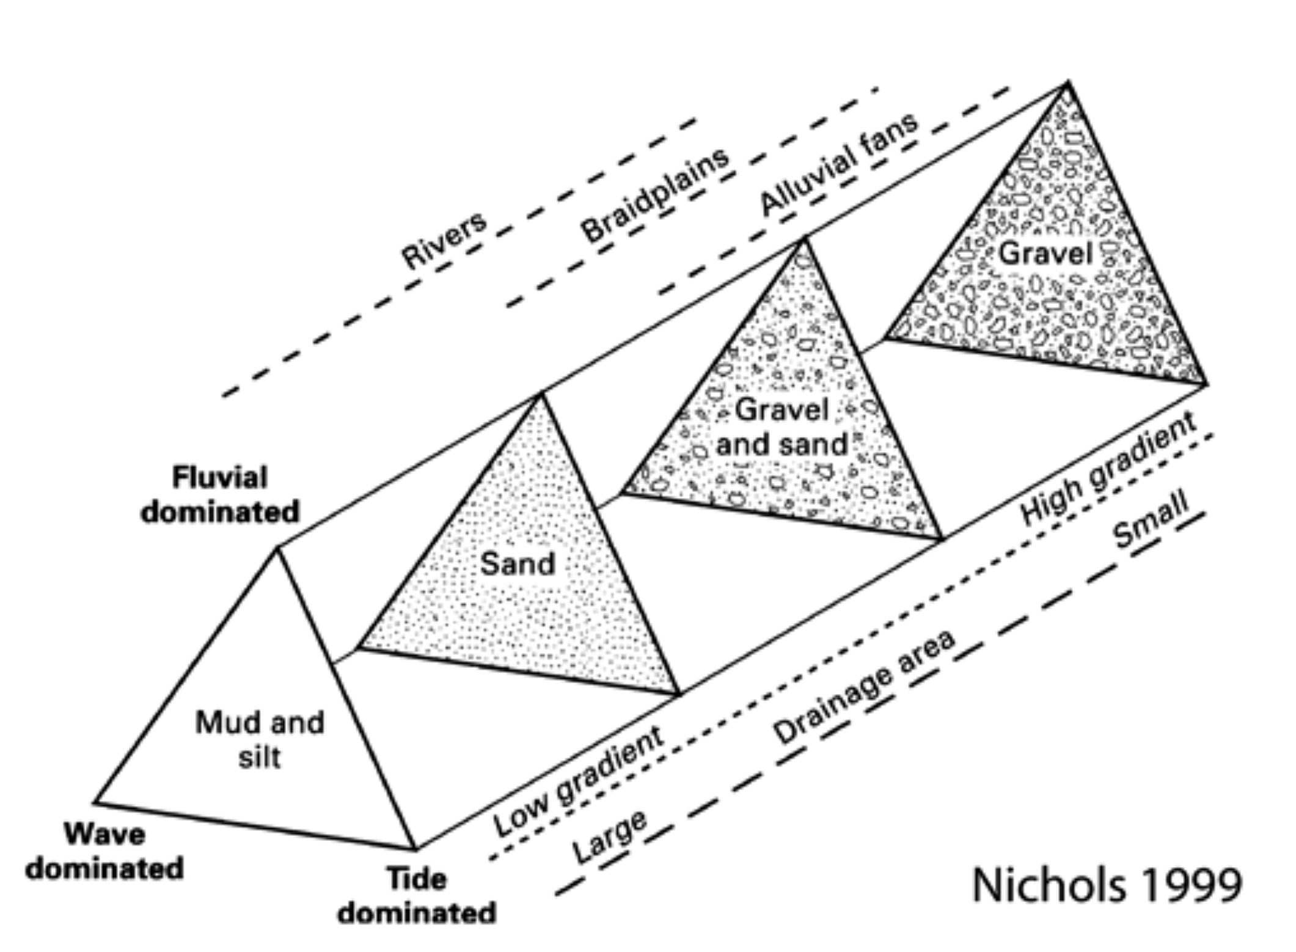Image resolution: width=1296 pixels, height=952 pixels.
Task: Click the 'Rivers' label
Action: (444, 240)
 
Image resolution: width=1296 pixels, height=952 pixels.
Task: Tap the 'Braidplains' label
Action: (655, 194)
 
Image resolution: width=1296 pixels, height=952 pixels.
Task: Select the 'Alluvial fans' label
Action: (838, 163)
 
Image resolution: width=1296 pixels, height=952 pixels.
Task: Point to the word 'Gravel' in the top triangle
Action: (1045, 253)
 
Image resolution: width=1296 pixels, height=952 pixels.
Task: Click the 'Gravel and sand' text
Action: (782, 427)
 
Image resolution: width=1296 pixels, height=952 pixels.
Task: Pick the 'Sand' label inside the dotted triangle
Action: (518, 563)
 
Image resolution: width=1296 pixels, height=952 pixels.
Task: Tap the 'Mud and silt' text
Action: (260, 739)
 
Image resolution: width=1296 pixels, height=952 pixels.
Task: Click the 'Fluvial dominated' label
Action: (220, 494)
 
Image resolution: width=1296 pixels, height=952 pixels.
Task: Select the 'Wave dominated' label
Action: (104, 851)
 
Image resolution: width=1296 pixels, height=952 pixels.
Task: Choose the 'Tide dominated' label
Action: (417, 896)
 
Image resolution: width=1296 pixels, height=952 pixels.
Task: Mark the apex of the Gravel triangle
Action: (1067, 82)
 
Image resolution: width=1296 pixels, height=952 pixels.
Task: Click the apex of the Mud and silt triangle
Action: (277, 548)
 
